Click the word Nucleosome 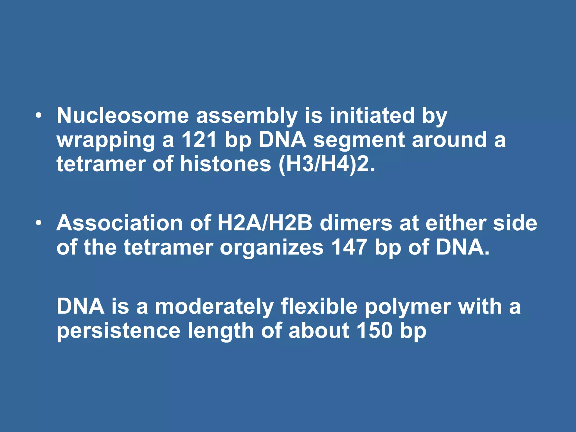click(x=123, y=116)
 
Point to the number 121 click(x=199, y=140)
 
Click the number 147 click(x=349, y=247)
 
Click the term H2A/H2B click(x=265, y=223)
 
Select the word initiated click(x=372, y=116)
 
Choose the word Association click(x=120, y=223)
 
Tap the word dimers click(x=356, y=223)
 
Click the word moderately click(x=214, y=307)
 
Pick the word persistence click(x=118, y=331)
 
